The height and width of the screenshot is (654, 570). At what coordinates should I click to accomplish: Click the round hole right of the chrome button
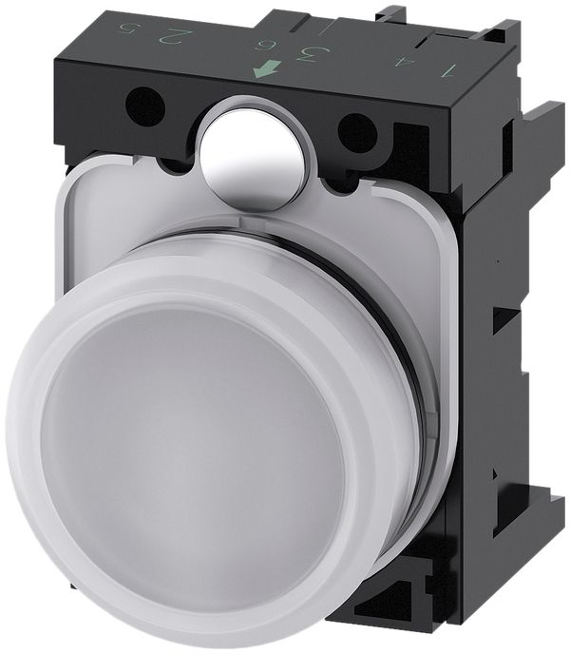359,125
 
